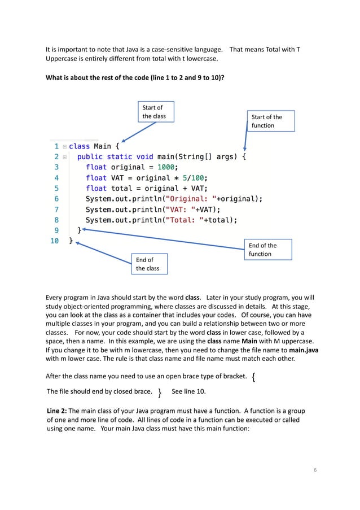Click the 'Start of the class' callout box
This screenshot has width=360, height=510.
tap(156, 112)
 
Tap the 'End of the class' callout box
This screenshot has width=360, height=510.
tap(150, 264)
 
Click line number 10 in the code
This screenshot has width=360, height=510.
tap(54, 241)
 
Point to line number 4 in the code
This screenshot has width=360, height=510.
tap(56, 177)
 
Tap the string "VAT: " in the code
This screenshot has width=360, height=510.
tap(181, 210)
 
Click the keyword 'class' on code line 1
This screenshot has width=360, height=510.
tap(81, 146)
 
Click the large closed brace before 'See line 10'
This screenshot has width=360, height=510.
tap(160, 392)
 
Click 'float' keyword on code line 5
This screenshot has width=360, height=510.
tap(96, 188)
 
